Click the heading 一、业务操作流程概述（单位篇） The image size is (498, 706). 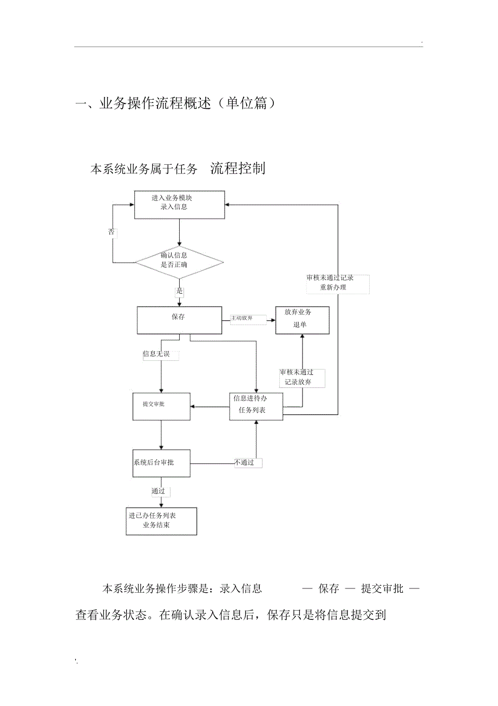pyautogui.click(x=175, y=103)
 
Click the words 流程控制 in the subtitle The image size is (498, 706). pyautogui.click(x=238, y=169)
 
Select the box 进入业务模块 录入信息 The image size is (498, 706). pyautogui.click(x=179, y=204)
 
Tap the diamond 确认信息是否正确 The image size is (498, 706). pyautogui.click(x=179, y=262)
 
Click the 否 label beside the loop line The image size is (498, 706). pyautogui.click(x=112, y=232)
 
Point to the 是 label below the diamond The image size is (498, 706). pyautogui.click(x=179, y=292)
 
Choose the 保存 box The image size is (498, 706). pyautogui.click(x=179, y=320)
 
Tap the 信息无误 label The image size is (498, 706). pyautogui.click(x=156, y=354)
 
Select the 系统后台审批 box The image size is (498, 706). pyautogui.click(x=161, y=463)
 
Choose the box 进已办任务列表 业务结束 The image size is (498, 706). pyautogui.click(x=161, y=521)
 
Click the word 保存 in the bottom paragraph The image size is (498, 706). pyautogui.click(x=329, y=588)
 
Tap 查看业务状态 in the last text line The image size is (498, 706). pyautogui.click(x=110, y=616)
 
